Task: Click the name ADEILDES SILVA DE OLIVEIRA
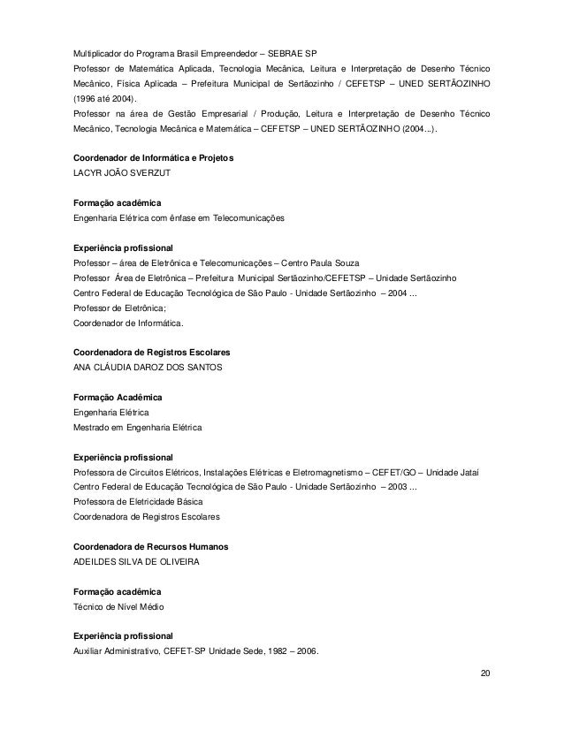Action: click(x=136, y=562)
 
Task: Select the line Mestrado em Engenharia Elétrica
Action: click(x=137, y=428)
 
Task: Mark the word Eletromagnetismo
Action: click(x=324, y=473)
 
